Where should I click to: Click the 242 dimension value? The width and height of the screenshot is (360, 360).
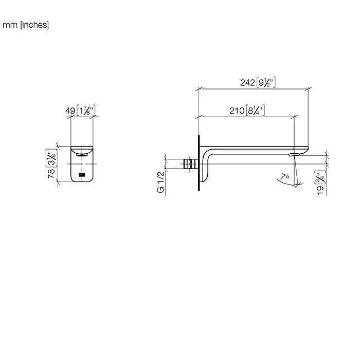pos(247,83)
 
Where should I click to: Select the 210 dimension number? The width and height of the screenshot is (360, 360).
pos(237,111)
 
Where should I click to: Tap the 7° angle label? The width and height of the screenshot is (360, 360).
pos(285,177)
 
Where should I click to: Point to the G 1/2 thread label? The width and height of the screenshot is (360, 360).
pos(160,182)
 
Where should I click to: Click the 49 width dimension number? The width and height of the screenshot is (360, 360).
pos(70,111)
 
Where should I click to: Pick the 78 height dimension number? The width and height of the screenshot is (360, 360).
pos(51,173)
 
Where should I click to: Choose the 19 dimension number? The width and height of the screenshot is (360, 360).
pos(320,190)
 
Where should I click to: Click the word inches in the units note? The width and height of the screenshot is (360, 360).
pos(34,25)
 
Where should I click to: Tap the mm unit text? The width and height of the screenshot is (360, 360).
pos(10,25)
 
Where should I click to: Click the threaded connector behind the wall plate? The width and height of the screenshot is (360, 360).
pos(191,164)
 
